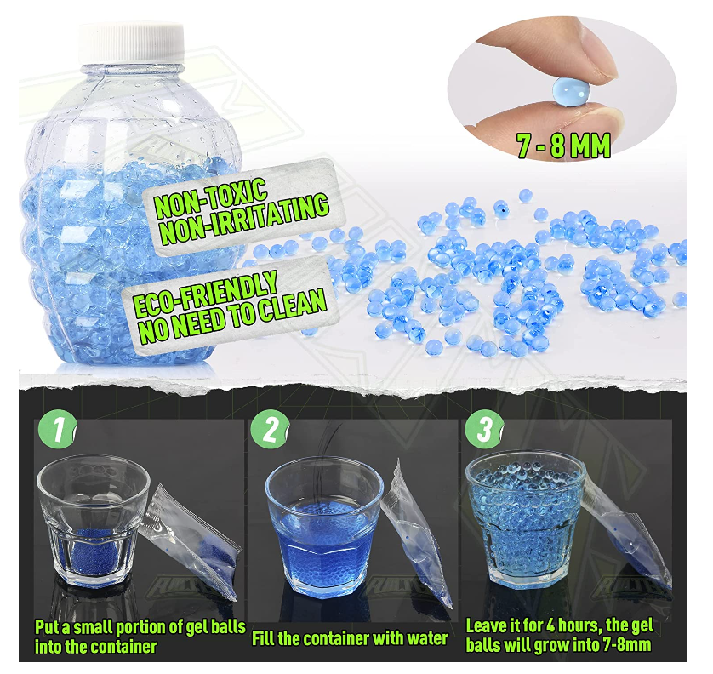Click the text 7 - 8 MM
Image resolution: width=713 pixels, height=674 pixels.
coord(563,146)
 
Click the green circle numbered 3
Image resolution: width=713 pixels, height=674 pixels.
coord(482,431)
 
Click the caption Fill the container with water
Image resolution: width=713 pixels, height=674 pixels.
coord(350,637)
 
